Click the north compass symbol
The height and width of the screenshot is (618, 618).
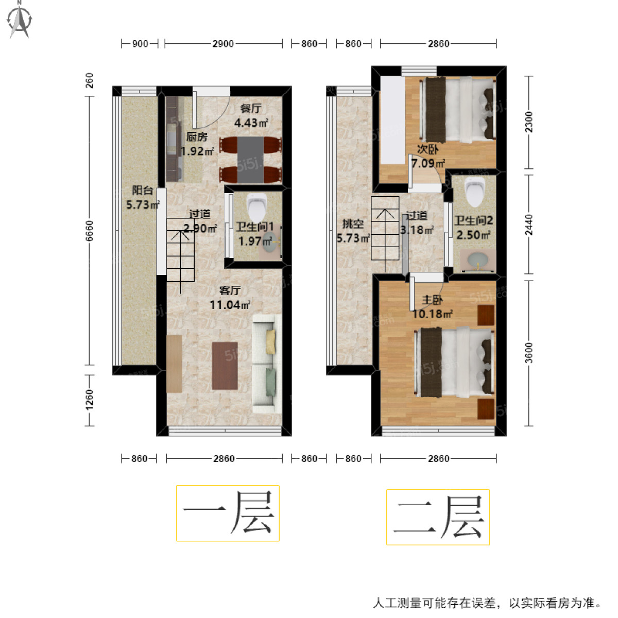click(20, 21)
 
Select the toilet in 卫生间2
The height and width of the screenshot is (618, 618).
click(475, 192)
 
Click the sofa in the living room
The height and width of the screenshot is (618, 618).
click(266, 364)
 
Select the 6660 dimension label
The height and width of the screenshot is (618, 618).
click(89, 231)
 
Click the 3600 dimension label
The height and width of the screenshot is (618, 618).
click(529, 353)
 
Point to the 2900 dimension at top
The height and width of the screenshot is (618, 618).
click(223, 44)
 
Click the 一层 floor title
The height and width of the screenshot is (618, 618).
click(228, 513)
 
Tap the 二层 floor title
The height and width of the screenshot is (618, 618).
click(438, 517)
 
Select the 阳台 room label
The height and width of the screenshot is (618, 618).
click(142, 190)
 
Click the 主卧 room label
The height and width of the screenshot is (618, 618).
click(432, 300)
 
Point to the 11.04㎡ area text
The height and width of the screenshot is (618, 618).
click(230, 305)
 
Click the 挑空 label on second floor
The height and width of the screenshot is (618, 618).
click(353, 224)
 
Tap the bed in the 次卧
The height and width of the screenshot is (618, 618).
click(458, 109)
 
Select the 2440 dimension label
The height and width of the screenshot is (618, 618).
click(529, 225)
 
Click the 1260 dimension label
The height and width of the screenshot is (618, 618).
click(89, 400)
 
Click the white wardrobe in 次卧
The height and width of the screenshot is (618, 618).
click(392, 119)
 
